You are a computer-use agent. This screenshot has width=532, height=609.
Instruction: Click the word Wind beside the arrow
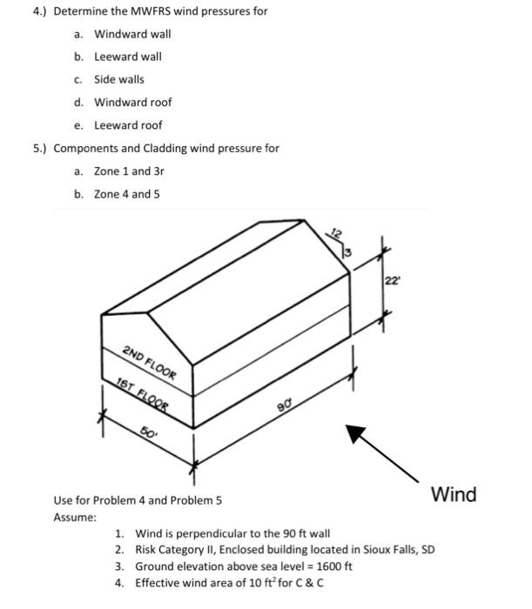pos(454,495)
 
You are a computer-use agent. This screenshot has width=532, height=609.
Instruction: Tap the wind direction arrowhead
pos(356,432)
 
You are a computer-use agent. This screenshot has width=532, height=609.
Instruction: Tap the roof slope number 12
pos(335,230)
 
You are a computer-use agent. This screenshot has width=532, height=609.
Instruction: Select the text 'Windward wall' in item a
pos(132,34)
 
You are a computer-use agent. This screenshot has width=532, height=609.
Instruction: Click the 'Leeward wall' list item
pos(127,57)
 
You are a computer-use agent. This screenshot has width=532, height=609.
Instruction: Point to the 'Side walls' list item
pos(119,79)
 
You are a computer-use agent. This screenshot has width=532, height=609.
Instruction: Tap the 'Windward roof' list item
pos(132,102)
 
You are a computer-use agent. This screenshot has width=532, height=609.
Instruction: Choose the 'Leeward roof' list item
pos(128,124)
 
